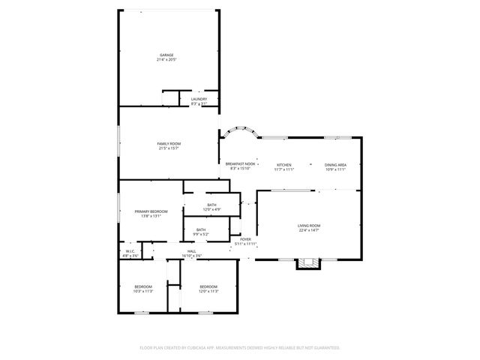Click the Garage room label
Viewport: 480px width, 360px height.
166,55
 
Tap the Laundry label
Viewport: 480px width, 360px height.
199,99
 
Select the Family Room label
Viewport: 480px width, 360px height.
169,143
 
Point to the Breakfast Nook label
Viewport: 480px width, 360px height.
240,163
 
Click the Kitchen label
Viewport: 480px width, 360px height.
283,165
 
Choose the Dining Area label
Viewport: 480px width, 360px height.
335,165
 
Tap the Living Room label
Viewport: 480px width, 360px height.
309,226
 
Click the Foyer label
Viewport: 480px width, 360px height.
245,239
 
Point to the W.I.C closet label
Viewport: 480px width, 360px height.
130,251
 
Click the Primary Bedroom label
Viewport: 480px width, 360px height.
151,211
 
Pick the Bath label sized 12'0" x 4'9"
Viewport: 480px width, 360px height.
212,205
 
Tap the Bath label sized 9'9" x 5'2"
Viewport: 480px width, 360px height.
201,229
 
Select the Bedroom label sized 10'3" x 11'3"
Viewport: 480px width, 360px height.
143,286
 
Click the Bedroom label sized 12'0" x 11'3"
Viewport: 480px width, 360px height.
208,286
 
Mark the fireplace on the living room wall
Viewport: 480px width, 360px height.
307,263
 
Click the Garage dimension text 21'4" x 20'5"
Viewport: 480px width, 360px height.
166,59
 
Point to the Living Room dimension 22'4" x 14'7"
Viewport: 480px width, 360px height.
309,230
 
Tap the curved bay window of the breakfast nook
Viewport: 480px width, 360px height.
240,130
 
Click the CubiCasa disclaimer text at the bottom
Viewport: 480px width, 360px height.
240,348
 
